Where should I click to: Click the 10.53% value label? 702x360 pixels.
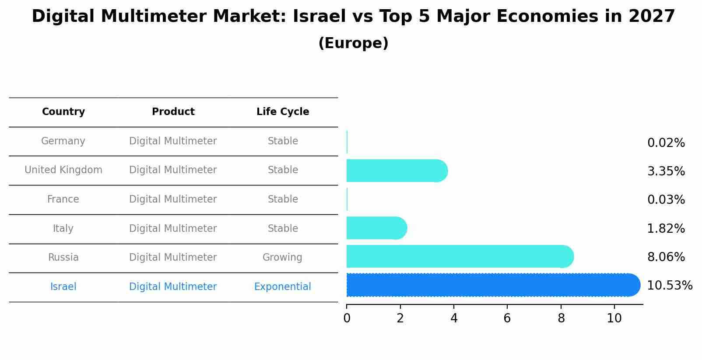669,286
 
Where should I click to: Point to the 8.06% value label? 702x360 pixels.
666,257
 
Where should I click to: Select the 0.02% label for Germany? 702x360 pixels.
666,143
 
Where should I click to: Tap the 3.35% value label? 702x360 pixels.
666,171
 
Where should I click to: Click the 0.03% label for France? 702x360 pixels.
666,200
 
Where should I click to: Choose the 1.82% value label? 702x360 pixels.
666,229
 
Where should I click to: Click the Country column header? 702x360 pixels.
63,112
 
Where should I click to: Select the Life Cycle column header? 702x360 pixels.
283,112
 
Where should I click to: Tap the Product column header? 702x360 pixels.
173,112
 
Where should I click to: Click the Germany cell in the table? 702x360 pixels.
63,141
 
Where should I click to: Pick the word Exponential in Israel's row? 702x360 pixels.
282,287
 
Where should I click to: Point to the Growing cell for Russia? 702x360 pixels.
282,258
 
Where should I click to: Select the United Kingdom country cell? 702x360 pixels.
63,170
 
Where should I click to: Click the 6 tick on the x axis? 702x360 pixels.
507,318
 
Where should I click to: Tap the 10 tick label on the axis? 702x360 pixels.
614,318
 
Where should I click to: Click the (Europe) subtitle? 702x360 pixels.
353,43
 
